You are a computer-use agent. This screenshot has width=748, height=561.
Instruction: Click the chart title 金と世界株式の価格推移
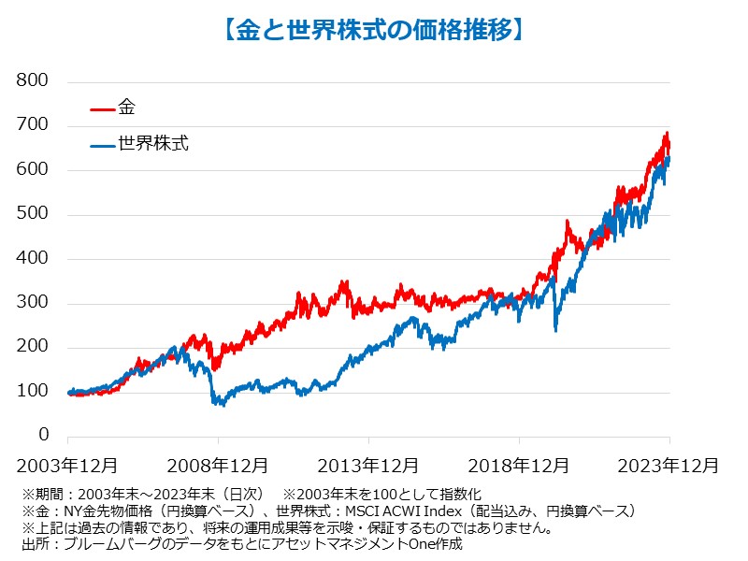click(x=374, y=30)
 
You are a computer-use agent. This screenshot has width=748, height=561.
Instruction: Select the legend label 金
click(x=127, y=108)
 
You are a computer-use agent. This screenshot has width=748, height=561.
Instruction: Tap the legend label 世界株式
click(x=153, y=145)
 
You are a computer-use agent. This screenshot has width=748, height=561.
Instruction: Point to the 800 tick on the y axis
click(x=33, y=81)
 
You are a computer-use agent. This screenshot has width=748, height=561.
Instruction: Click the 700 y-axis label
click(x=33, y=125)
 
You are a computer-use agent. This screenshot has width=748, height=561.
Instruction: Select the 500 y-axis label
click(x=33, y=214)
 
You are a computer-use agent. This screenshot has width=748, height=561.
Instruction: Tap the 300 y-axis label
click(x=33, y=303)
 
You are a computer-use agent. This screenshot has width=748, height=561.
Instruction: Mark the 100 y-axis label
click(x=33, y=392)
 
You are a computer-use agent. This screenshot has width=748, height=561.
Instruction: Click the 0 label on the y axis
click(x=43, y=436)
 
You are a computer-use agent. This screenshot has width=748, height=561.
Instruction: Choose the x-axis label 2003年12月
click(x=67, y=465)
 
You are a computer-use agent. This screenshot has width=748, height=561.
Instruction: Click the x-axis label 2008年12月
click(x=218, y=465)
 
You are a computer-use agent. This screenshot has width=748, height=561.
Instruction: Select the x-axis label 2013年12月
click(x=368, y=465)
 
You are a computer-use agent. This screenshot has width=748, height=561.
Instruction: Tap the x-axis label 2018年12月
click(x=519, y=465)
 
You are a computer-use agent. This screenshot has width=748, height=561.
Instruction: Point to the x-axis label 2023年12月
click(x=669, y=465)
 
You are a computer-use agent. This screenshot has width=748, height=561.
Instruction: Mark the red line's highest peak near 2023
click(x=666, y=134)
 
